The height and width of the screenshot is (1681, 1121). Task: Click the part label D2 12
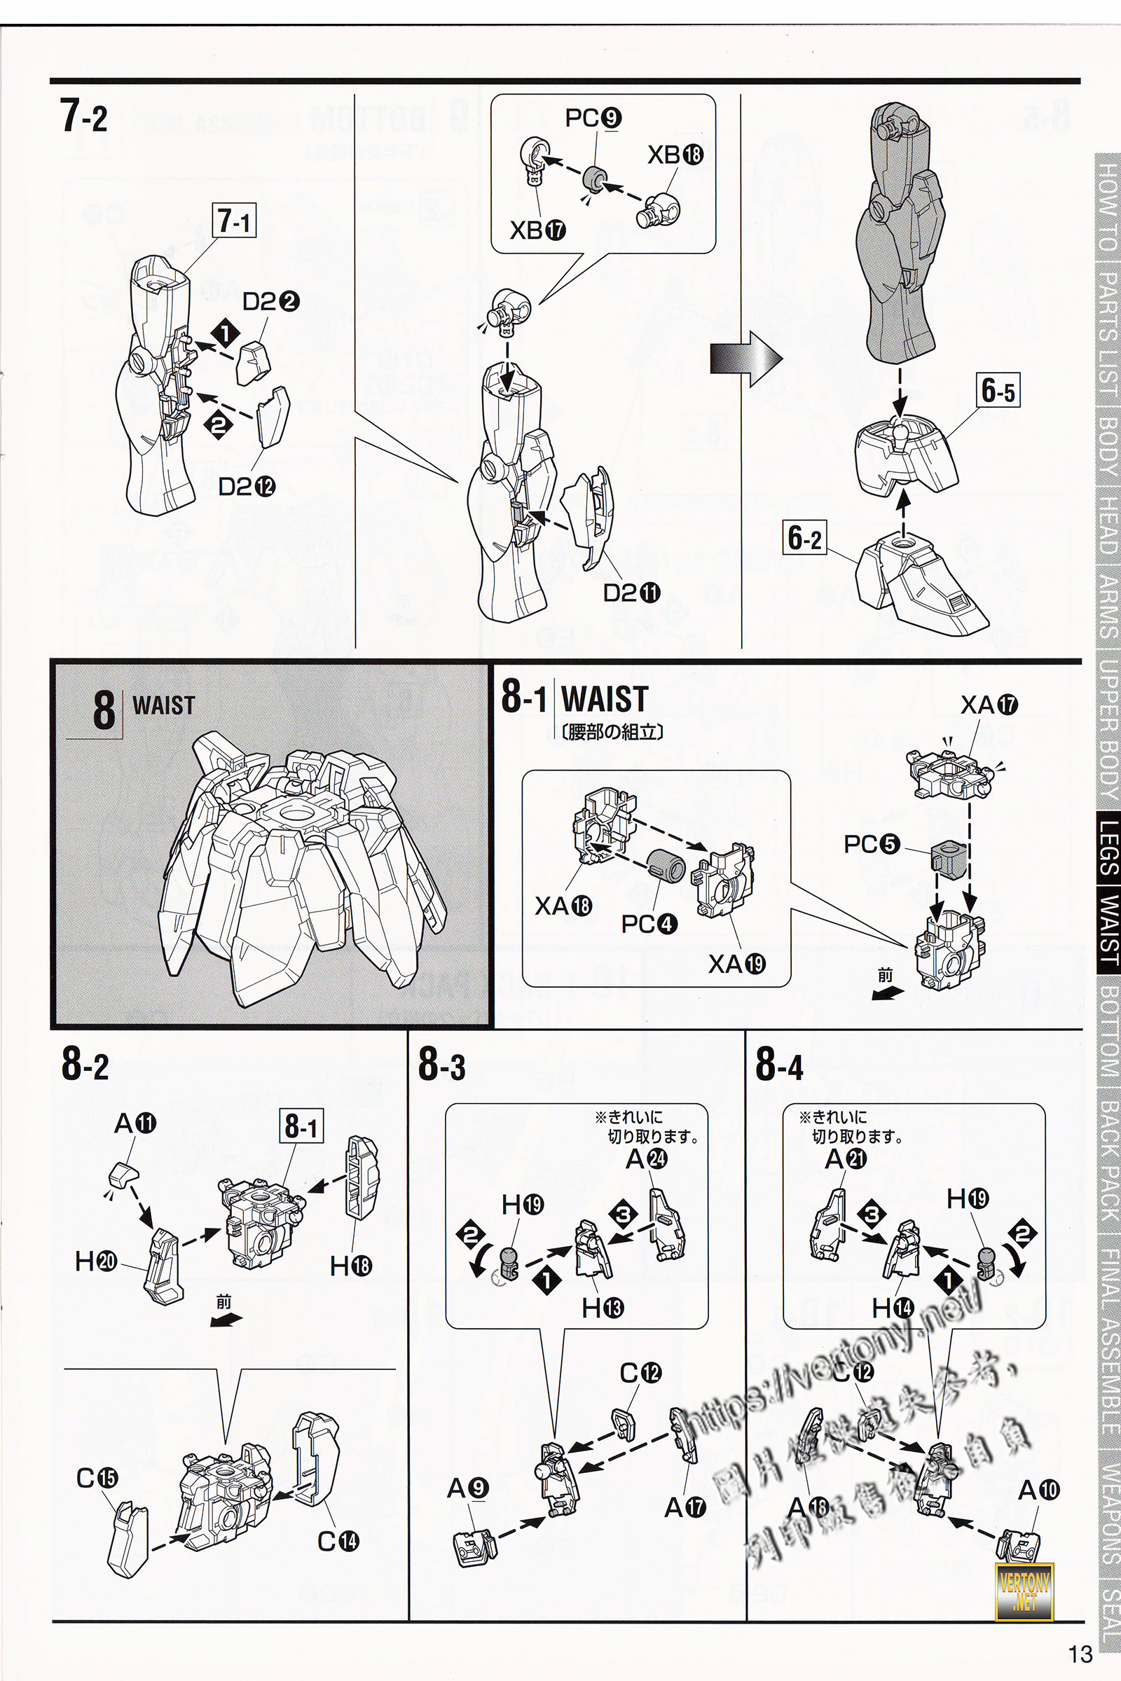(247, 487)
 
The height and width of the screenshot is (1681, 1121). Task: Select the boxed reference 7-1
(234, 221)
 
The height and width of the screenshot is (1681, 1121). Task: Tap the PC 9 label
(593, 118)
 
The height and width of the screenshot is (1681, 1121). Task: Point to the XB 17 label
(537, 230)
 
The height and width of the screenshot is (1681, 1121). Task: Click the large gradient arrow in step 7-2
(745, 359)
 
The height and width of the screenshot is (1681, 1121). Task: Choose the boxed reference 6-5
(998, 391)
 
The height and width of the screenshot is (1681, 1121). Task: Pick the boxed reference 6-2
(804, 537)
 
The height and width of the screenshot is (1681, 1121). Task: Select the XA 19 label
(736, 964)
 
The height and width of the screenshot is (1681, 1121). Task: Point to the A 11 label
(135, 1123)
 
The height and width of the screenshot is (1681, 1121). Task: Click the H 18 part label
(350, 1266)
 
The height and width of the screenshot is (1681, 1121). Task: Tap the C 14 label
(338, 1541)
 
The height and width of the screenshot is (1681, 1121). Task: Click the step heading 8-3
(442, 1064)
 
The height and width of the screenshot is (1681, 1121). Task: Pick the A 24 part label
(646, 1158)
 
